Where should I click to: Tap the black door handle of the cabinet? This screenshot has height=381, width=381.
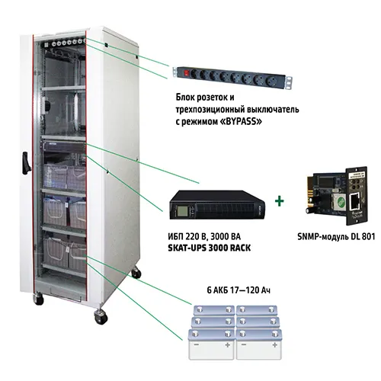click(x=26, y=163)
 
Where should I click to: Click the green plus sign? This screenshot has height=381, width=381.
click(x=280, y=201)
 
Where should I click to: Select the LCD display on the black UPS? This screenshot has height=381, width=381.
click(x=182, y=211)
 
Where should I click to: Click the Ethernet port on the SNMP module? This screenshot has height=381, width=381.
click(x=355, y=199)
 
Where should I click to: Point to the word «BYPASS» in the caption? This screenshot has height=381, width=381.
click(x=240, y=122)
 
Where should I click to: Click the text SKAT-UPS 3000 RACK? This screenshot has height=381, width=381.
click(x=210, y=248)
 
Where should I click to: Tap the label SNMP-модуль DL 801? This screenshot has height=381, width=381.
click(x=336, y=237)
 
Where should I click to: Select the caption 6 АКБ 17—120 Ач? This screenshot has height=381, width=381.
click(x=239, y=290)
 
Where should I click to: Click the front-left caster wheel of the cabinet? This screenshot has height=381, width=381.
click(x=38, y=299)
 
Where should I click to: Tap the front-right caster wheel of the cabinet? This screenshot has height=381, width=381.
click(x=101, y=317)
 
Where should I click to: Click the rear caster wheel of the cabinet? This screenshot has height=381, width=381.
click(x=136, y=273)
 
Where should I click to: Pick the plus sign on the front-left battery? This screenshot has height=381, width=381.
click(x=227, y=345)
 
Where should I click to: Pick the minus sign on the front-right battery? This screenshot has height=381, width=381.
click(x=244, y=345)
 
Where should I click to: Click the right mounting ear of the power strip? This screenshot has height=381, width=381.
click(x=289, y=82)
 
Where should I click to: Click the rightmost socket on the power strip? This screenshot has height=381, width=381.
click(x=270, y=81)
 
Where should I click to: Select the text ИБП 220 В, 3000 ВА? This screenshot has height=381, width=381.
click(x=204, y=237)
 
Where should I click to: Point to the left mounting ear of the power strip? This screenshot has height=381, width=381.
click(x=174, y=72)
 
